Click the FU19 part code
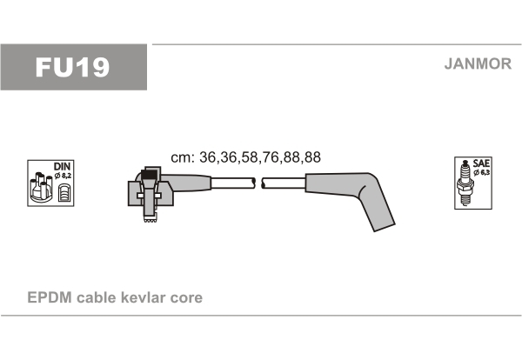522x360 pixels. (x=72, y=67)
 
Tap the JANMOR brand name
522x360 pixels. (x=478, y=63)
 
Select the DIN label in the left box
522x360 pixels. (x=62, y=166)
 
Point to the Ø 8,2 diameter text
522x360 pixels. (x=63, y=176)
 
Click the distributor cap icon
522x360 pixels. (x=41, y=187)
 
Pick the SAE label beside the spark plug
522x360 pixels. (x=481, y=163)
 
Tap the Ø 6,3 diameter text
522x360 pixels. (x=482, y=172)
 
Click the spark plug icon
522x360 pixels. (x=465, y=183)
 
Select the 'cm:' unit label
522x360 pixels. (x=183, y=157)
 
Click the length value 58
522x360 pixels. (x=250, y=157)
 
